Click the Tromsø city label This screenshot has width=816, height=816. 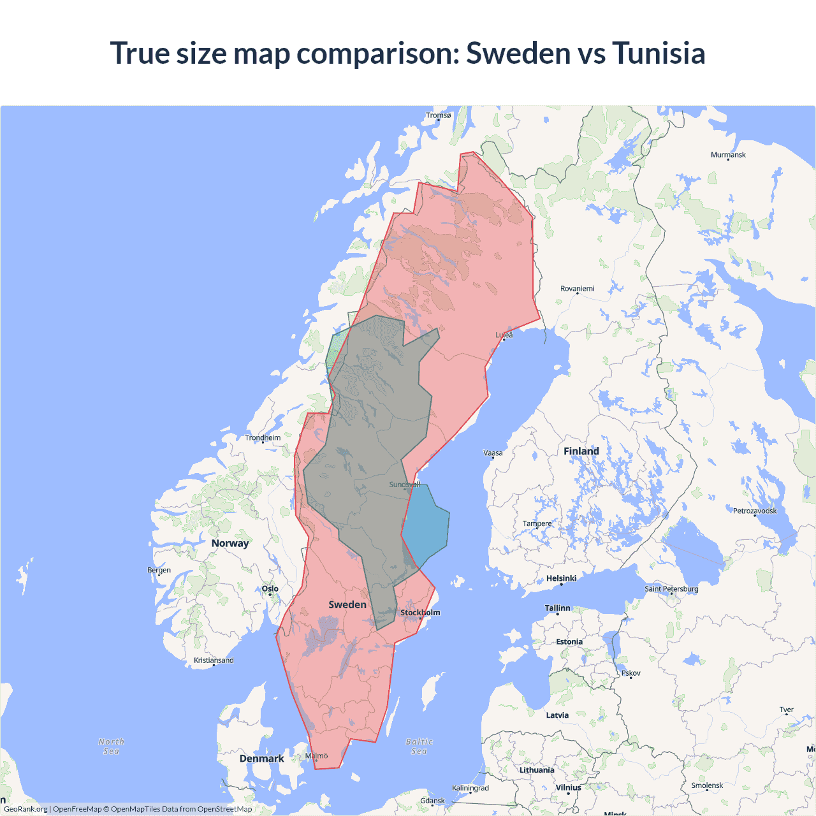coord(438,115)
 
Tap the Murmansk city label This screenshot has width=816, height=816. coord(728,155)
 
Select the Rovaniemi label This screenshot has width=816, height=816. coord(577,289)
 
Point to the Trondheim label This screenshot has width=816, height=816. coord(263,438)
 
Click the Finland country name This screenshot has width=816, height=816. coord(581,451)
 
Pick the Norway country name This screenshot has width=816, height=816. coord(230,543)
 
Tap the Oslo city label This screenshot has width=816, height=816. coord(270,589)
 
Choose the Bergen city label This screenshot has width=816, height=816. coord(159,570)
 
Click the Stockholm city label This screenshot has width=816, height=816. coord(420,613)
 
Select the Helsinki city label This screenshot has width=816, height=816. coord(561,578)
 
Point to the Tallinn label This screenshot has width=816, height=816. coord(557,608)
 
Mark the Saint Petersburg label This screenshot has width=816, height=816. coord(671,588)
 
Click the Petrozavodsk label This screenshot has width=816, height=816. coord(755,511)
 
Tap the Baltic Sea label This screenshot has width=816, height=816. coord(419,747)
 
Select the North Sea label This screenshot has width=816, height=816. coord(112,747)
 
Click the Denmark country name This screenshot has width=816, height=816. coord(261,759)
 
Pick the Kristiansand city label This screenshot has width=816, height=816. coord(214,660)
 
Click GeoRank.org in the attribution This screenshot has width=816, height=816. coord(25,809)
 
